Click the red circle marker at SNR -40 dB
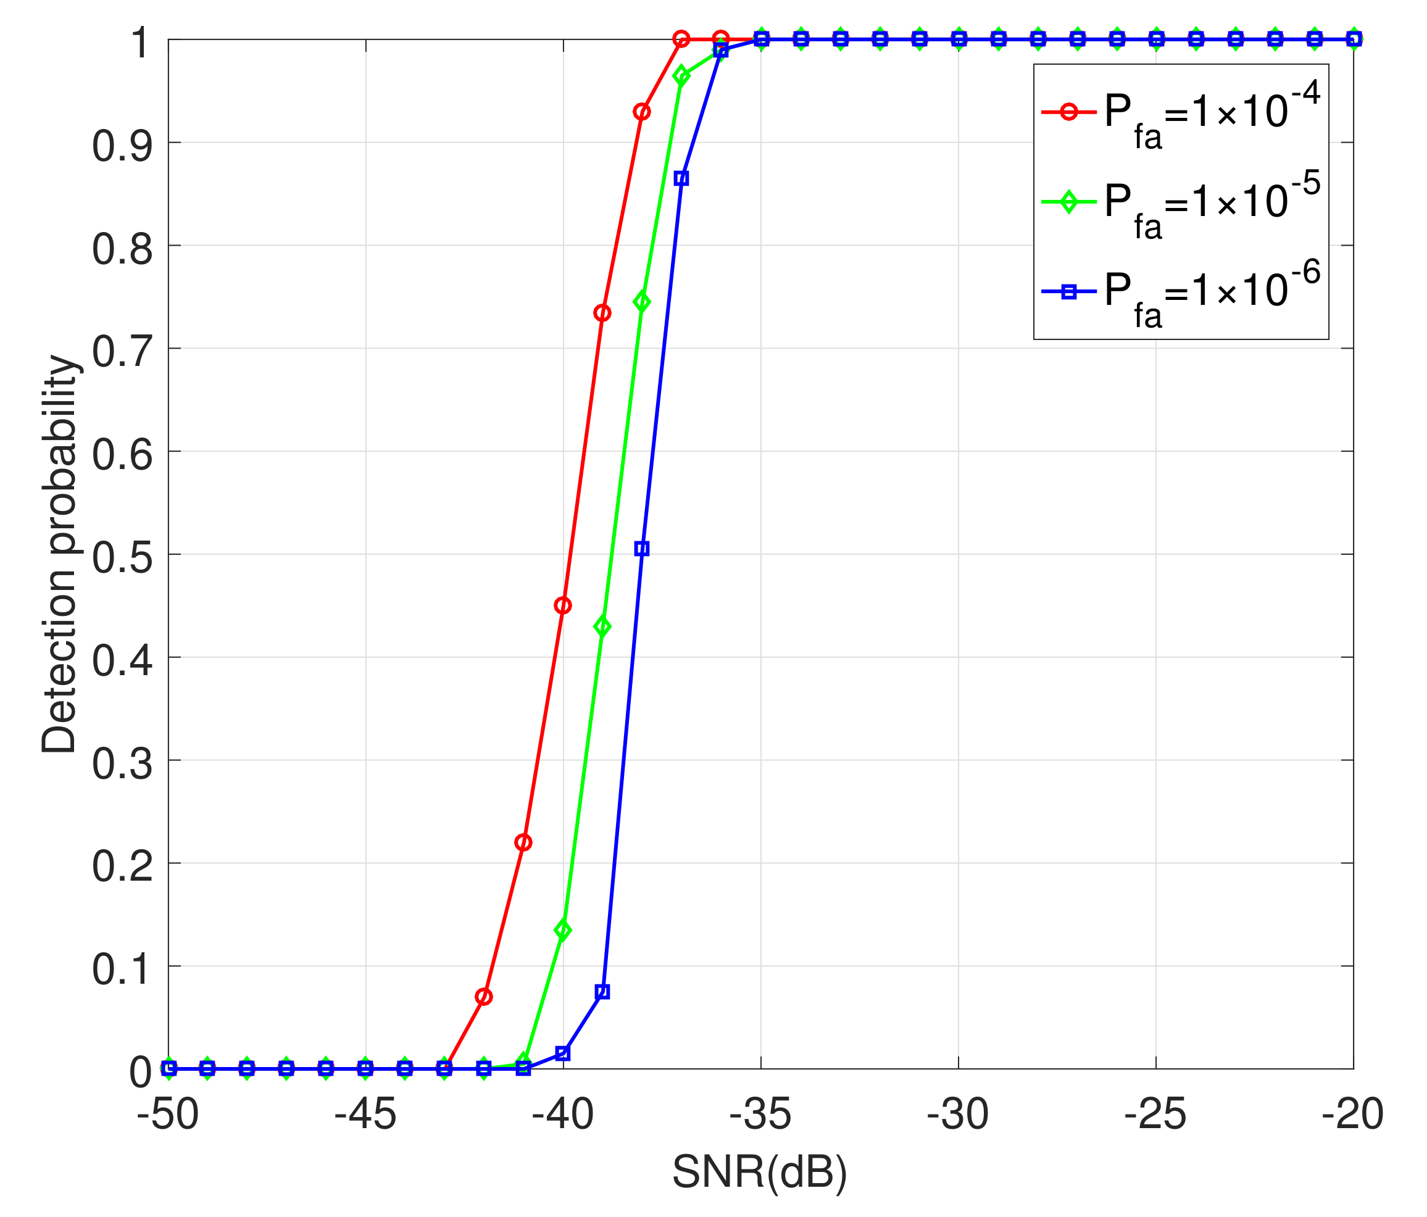pyautogui.click(x=563, y=605)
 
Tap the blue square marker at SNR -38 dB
pyautogui.click(x=642, y=549)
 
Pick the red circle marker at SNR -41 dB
pyautogui.click(x=523, y=842)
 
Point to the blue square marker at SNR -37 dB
pyautogui.click(x=681, y=178)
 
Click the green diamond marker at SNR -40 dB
pyautogui.click(x=563, y=930)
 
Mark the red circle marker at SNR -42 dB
pyautogui.click(x=484, y=997)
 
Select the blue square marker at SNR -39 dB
pyautogui.click(x=602, y=992)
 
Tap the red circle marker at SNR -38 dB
pyautogui.click(x=642, y=112)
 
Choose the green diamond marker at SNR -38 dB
pyautogui.click(x=642, y=302)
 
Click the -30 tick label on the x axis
pyautogui.click(x=958, y=1115)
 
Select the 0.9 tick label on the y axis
pyautogui.click(x=122, y=145)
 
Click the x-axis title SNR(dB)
pyautogui.click(x=760, y=1171)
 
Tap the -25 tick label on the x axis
pyautogui.click(x=1155, y=1115)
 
